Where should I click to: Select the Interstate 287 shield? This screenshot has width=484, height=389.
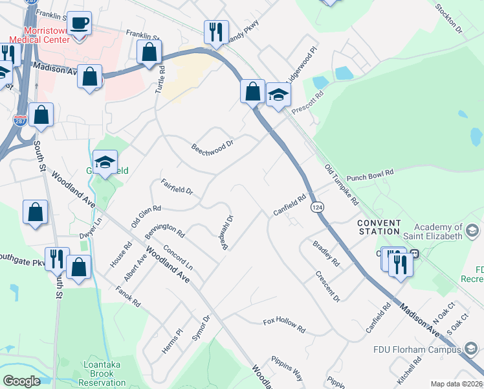click(20, 121)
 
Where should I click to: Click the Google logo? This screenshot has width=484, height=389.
click(21, 381)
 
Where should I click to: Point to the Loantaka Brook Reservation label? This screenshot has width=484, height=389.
click(102, 374)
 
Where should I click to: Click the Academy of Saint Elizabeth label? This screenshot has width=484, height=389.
click(438, 231)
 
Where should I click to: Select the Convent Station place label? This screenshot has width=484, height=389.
click(379, 227)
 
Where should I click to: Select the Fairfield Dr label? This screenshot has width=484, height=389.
click(177, 187)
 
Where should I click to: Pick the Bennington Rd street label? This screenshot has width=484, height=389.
click(165, 230)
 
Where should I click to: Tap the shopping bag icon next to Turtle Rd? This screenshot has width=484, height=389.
click(149, 53)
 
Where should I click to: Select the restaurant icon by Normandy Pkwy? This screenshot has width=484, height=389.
click(216, 32)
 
